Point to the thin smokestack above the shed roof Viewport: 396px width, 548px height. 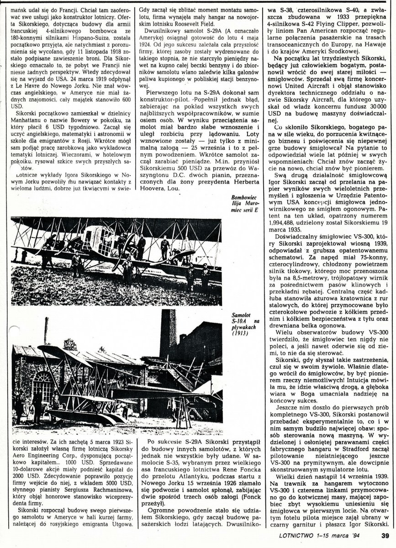tap(46, 330)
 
